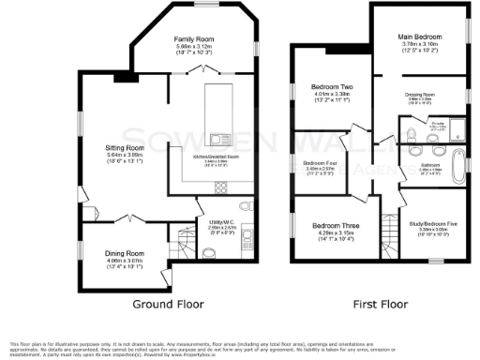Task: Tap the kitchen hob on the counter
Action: click(x=222, y=183)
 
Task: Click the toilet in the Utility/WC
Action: click(x=243, y=207)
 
